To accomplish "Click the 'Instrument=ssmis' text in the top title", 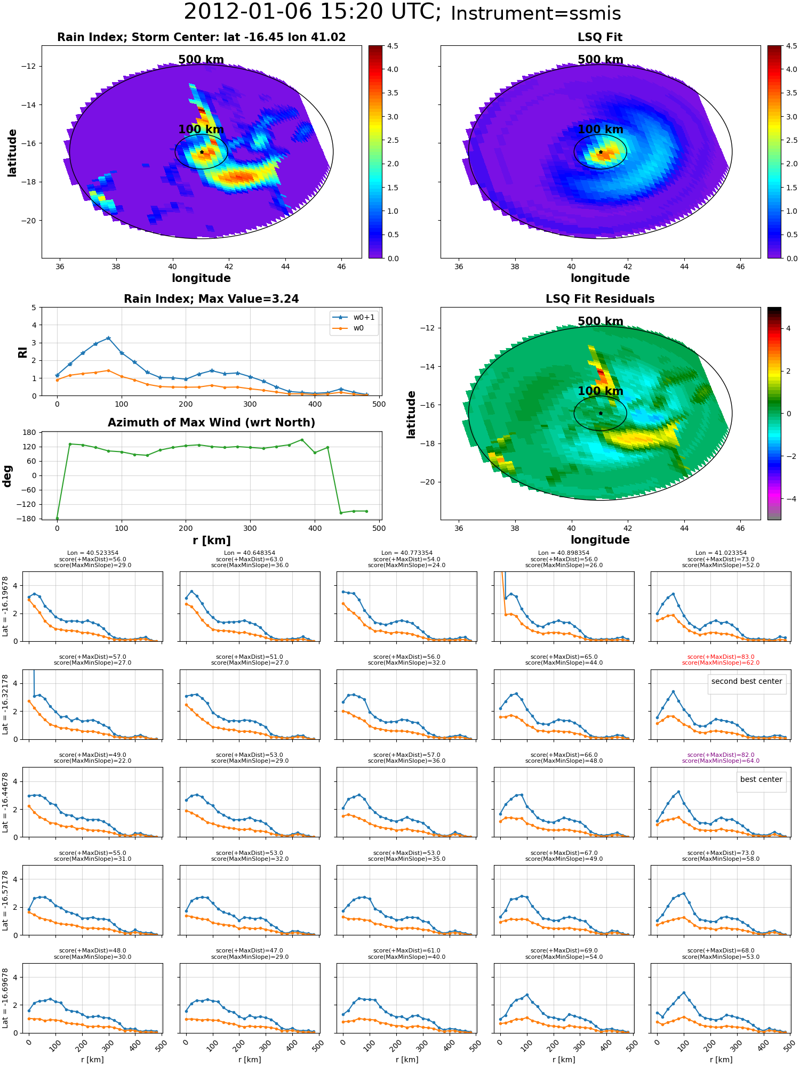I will point(535,14).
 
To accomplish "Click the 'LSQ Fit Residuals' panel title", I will point(600,299).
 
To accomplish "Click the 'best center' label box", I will point(761,779).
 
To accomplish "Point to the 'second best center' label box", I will point(746,681).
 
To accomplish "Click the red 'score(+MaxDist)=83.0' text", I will point(721,657).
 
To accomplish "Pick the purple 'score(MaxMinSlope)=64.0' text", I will point(721,761).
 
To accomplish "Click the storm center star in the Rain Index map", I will point(202,152).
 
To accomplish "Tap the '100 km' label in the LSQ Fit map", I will point(600,130).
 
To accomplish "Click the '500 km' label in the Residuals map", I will point(600,321).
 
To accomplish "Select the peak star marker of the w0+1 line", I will point(108,338).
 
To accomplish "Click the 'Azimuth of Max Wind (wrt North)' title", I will point(211,423).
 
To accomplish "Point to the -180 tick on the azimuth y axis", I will point(29,519).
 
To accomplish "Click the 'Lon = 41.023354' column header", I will point(721,553).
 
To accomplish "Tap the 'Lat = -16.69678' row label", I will point(6,998).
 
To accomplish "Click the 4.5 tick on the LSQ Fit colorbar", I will point(791,46).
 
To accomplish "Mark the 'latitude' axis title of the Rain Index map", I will point(12,152).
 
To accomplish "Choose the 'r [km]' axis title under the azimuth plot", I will point(211,540).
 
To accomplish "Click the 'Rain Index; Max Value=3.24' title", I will point(211,299).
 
